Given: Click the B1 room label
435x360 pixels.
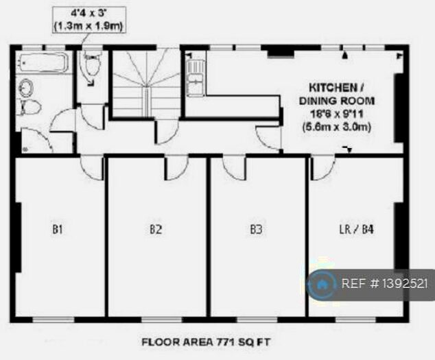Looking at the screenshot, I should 58,230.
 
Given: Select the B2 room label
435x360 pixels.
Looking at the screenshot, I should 156,230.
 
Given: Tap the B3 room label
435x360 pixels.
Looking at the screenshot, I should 256,230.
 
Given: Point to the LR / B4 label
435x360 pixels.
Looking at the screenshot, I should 357,230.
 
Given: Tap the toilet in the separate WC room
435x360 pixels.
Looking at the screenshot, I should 91,69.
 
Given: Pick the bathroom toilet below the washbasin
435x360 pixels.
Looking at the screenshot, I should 29,108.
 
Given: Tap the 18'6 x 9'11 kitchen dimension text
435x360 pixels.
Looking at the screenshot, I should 336,114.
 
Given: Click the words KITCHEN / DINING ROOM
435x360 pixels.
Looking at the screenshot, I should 336,95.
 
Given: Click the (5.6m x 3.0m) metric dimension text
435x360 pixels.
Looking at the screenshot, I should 336,127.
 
